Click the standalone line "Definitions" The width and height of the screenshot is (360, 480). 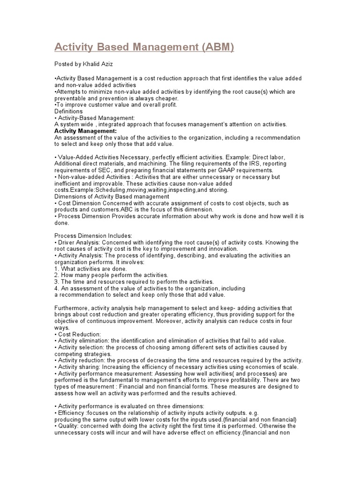point(68,112)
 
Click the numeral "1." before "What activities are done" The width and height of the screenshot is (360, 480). point(57,269)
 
